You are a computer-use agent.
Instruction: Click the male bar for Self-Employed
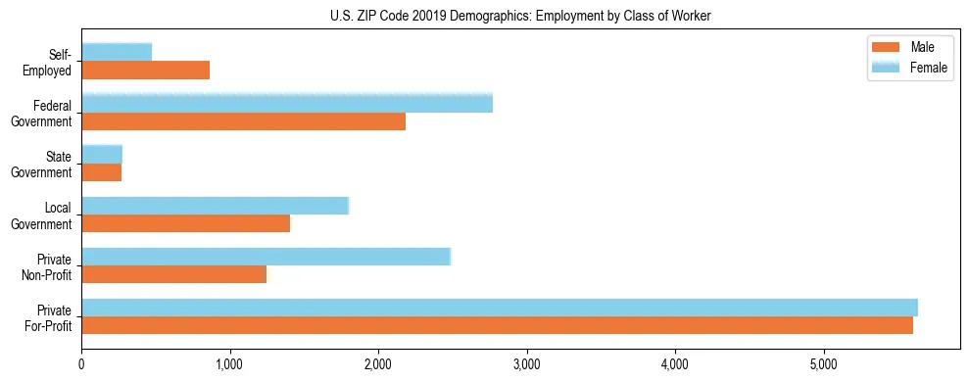145,71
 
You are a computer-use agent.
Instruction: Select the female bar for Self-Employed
117,52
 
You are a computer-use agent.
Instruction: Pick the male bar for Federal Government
243,121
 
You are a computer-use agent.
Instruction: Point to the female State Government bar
102,154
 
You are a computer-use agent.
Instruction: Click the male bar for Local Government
185,223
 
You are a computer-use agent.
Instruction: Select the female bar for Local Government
215,206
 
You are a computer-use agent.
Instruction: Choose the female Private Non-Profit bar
266,257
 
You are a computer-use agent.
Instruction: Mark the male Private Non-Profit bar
173,274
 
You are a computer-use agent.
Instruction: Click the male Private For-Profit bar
497,325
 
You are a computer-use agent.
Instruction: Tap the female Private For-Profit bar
500,308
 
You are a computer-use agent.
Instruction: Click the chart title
520,16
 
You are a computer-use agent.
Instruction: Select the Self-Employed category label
48,62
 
